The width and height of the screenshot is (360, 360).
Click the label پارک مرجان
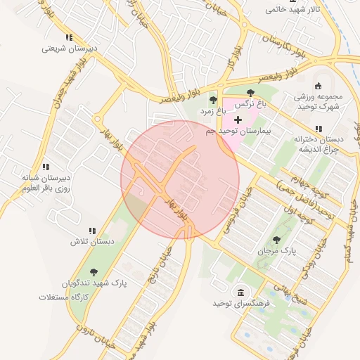click(281, 250)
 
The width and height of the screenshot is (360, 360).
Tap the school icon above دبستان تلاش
click(91, 231)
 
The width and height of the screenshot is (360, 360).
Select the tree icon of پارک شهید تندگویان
click(94, 273)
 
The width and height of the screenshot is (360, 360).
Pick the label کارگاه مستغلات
click(67, 297)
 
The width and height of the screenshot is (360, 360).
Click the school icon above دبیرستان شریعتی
click(69, 37)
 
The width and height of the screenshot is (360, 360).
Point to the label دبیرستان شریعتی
click(68, 49)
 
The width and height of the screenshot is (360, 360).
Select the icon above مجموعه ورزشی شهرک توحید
click(317, 85)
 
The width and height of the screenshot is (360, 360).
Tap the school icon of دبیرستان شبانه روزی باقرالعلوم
click(46, 167)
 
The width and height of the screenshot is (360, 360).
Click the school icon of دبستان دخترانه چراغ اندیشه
click(319, 129)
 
